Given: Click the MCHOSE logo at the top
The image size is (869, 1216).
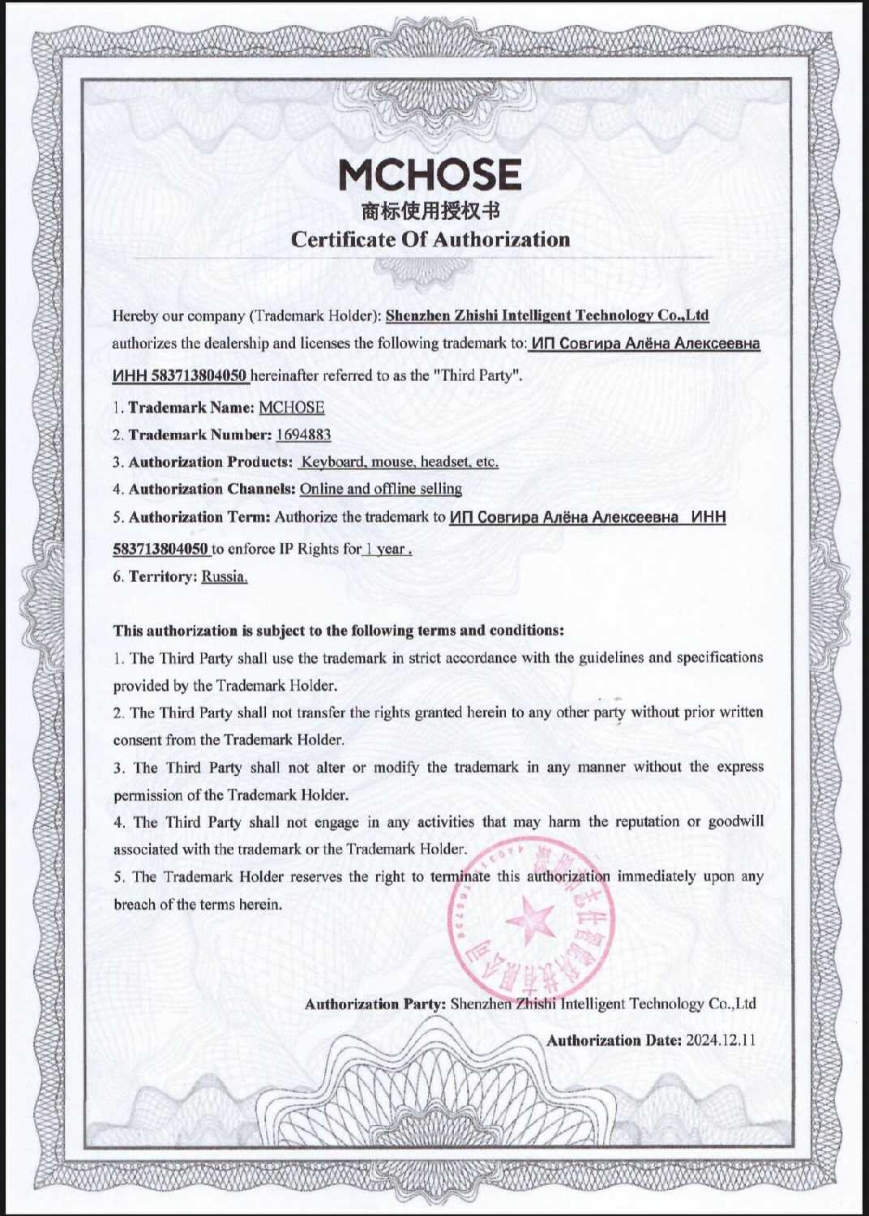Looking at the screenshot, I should tap(430, 174).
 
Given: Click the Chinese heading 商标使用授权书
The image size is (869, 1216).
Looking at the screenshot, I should tap(430, 212).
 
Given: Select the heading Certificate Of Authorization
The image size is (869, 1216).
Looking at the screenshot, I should tap(430, 239).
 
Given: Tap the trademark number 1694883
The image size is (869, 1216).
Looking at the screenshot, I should tap(303, 435).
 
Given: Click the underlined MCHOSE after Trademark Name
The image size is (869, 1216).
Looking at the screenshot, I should tap(292, 407).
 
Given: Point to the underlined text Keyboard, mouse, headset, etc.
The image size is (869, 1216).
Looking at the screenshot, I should tap(400, 462).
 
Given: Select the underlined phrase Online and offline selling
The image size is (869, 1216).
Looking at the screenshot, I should tap(381, 489).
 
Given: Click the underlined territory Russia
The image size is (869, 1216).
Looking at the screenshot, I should tap(225, 576).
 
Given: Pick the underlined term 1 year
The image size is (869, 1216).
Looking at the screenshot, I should tap(387, 549).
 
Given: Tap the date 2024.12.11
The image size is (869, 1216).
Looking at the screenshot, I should tap(721, 1040).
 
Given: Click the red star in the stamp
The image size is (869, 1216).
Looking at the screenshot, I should tap(529, 921).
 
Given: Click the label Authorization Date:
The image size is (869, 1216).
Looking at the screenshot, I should tap(614, 1040).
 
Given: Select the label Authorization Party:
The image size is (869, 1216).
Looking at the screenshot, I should tap(375, 1004).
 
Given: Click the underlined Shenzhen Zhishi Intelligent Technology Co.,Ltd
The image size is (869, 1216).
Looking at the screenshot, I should tap(547, 315).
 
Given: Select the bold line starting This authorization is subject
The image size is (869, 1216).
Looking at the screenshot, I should tap(338, 630).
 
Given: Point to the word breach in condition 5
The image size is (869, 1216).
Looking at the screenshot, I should tap(133, 904).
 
